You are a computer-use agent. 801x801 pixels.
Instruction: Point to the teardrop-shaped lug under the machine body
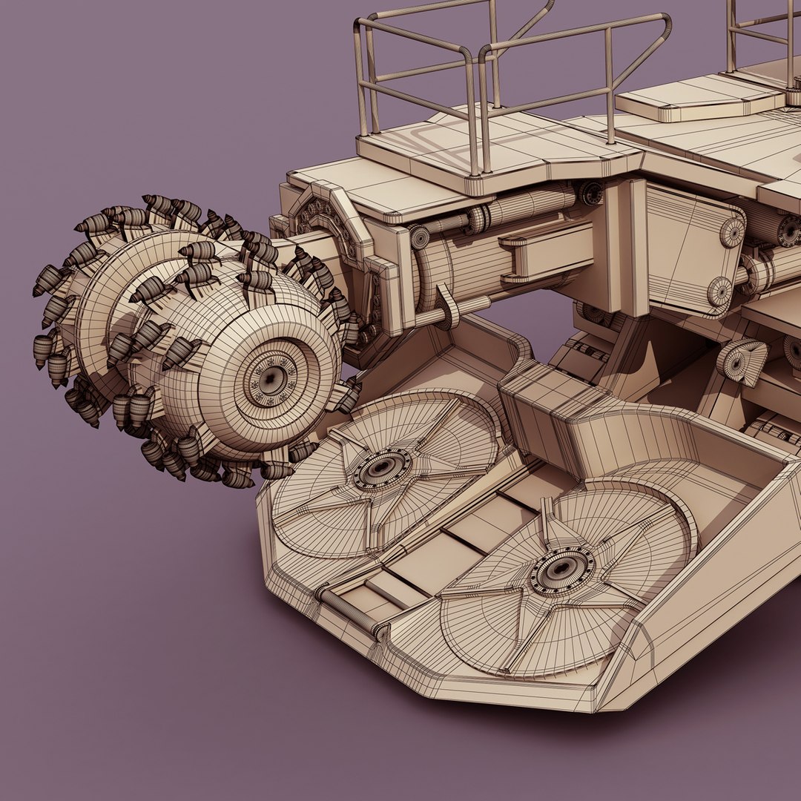pos(742,361)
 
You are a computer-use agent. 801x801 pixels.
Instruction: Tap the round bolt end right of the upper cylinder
pos(590,193)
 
